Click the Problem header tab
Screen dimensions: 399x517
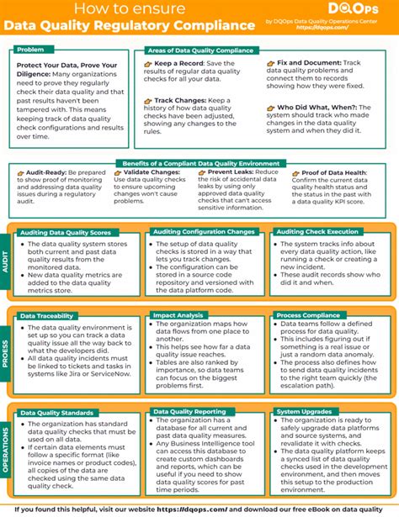coord(30,50)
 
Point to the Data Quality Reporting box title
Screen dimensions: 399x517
coord(188,412)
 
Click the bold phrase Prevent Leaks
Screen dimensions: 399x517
coord(226,171)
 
